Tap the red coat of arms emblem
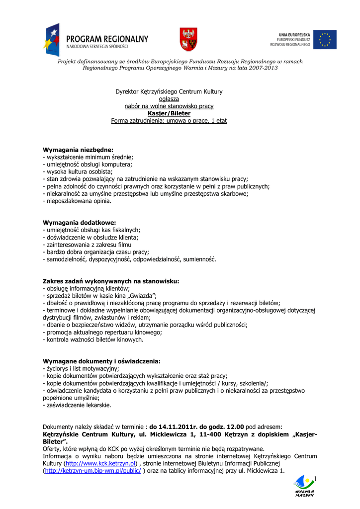pyautogui.click(x=188, y=39)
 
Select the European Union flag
pyautogui.click(x=325, y=39)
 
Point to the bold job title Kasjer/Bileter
pyautogui.click(x=169, y=113)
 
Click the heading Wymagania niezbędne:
pyautogui.click(x=78, y=149)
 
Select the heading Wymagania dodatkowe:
pyautogui.click(x=80, y=222)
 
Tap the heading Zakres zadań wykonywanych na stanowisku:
pyautogui.click(x=111, y=281)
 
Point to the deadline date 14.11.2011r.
pyautogui.click(x=173, y=426)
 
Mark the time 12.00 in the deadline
pyautogui.click(x=234, y=426)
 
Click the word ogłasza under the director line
pyautogui.click(x=169, y=99)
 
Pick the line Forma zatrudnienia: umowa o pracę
pyautogui.click(x=169, y=121)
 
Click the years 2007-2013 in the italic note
pyautogui.click(x=263, y=68)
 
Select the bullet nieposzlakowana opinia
pyautogui.click(x=78, y=201)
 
